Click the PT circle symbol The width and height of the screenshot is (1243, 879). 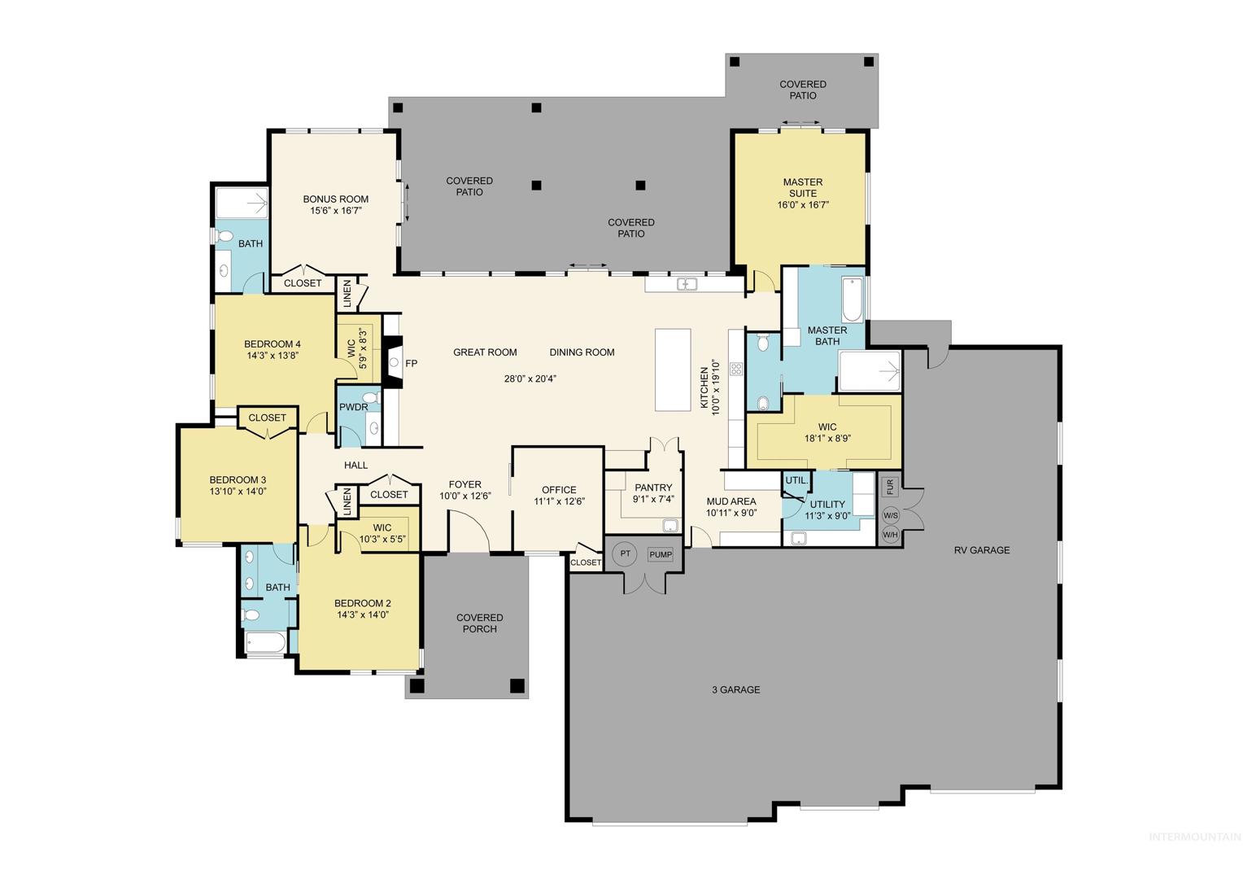626,553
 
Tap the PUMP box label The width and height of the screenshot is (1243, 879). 661,554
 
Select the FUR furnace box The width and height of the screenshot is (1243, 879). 890,487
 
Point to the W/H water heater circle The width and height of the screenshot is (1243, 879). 890,535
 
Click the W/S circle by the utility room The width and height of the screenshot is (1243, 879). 890,516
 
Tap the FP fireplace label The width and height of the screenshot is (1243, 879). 411,364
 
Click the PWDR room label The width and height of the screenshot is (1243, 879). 354,407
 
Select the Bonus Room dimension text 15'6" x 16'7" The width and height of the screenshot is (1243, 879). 336,211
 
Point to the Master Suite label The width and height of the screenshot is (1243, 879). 803,188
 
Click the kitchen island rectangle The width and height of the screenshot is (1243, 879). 673,370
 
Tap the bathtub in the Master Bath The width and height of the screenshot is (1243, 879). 852,300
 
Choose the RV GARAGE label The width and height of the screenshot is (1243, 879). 982,550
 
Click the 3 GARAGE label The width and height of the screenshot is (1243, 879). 736,689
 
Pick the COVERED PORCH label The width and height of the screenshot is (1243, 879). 479,623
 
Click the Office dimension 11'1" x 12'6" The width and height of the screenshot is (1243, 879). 559,501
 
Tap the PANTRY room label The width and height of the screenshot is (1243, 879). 653,488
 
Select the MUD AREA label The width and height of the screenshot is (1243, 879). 731,501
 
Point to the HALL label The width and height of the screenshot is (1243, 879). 355,466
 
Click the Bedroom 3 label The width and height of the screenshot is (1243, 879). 238,479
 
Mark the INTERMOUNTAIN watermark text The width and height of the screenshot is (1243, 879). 1195,837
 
